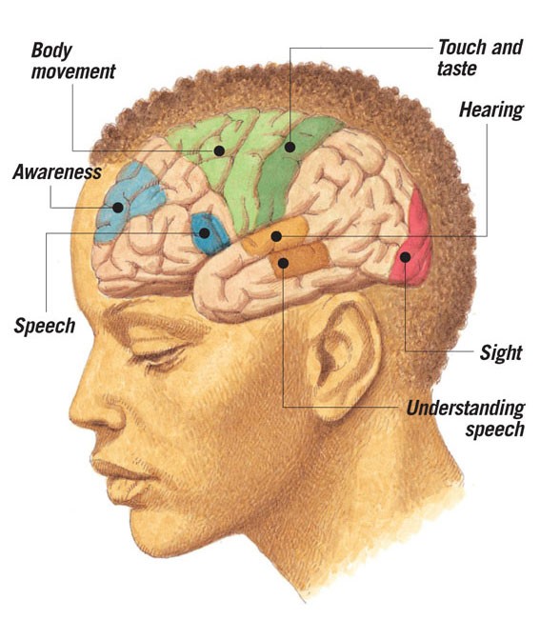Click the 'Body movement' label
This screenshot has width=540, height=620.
pyautogui.click(x=73, y=61)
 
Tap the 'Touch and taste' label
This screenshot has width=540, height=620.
pyautogui.click(x=480, y=57)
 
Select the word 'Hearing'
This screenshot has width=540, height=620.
pyautogui.click(x=491, y=110)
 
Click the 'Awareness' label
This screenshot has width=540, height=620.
pyautogui.click(x=57, y=172)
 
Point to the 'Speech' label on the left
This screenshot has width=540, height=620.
pyautogui.click(x=44, y=327)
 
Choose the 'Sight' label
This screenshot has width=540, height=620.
pyautogui.click(x=501, y=352)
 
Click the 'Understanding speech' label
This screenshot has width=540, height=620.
pyautogui.click(x=466, y=419)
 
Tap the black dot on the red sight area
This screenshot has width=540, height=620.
pyautogui.click(x=405, y=257)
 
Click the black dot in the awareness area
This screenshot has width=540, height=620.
pyautogui.click(x=118, y=208)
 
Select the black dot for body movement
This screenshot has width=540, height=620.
pyautogui.click(x=219, y=150)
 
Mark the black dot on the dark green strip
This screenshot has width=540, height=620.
pyautogui.click(x=290, y=147)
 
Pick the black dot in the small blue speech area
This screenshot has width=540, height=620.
pyautogui.click(x=204, y=233)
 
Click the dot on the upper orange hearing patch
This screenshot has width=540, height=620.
pyautogui.click(x=276, y=236)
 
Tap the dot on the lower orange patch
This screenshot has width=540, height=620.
pyautogui.click(x=283, y=263)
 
